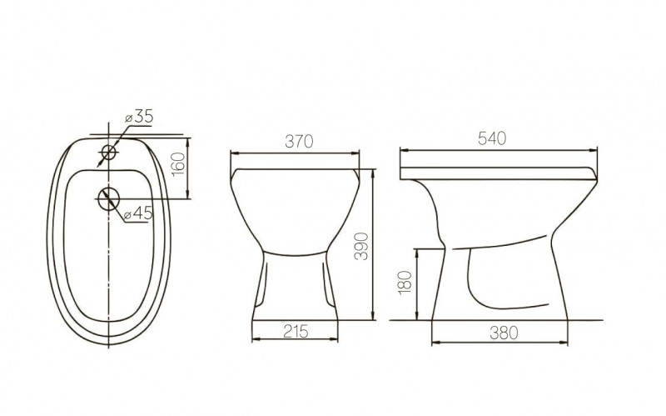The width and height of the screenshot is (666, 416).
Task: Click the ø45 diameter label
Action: [138, 214]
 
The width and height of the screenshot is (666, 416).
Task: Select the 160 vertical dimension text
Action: [177, 164]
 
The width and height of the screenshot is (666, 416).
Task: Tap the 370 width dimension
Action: [297, 143]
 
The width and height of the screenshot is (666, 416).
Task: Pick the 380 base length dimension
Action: [499, 332]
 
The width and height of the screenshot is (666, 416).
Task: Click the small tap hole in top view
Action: [108, 151]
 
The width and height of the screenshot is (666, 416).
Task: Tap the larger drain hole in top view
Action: [108, 198]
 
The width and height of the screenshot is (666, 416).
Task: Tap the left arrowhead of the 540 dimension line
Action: [403, 150]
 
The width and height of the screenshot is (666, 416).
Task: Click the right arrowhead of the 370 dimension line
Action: [357, 153]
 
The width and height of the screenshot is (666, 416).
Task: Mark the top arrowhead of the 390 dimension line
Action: [372, 171]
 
